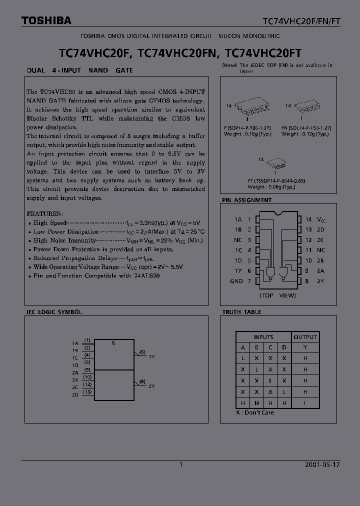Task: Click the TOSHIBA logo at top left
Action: [x=46, y=20]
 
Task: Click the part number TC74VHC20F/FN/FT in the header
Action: [x=301, y=21]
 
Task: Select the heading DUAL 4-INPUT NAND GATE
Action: [x=80, y=70]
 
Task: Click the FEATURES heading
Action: [x=44, y=213]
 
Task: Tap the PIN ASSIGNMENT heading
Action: [x=247, y=200]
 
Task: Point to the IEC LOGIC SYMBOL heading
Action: [x=54, y=312]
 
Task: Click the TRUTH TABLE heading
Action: [x=242, y=312]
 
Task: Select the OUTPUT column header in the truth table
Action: [x=305, y=337]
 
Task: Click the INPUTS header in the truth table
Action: [x=263, y=337]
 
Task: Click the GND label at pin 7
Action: [x=236, y=281]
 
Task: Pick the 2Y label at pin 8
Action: [x=320, y=281]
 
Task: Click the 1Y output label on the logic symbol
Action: [x=152, y=356]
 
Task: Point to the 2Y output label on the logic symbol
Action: [x=152, y=386]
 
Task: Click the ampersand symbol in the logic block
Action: [x=113, y=343]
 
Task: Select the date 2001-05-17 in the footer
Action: [x=322, y=464]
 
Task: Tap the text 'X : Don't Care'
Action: [x=255, y=412]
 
